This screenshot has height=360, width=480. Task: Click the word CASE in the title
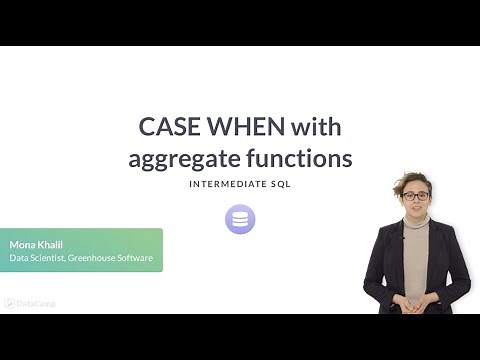167,127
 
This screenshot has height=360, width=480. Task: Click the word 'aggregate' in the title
184,158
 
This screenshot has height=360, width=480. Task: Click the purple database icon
240,219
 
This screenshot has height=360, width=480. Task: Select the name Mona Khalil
37,244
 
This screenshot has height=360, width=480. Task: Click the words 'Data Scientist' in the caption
39,259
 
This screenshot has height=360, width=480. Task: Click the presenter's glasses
416,196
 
